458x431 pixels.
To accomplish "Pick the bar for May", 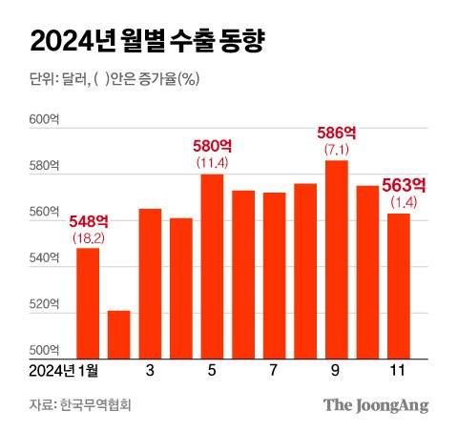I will pyautogui.click(x=212, y=265).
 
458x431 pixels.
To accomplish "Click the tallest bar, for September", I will pyautogui.click(x=336, y=258).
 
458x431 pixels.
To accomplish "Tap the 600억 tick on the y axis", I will pyautogui.click(x=44, y=120).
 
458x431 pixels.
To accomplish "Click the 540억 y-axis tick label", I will pyautogui.click(x=44, y=258).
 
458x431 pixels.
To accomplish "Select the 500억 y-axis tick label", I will pyautogui.click(x=44, y=349).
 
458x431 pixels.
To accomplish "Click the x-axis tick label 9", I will pyautogui.click(x=336, y=369).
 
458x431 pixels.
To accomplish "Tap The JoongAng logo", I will pyautogui.click(x=375, y=405).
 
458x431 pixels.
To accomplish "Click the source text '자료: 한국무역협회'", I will pyautogui.click(x=79, y=405).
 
